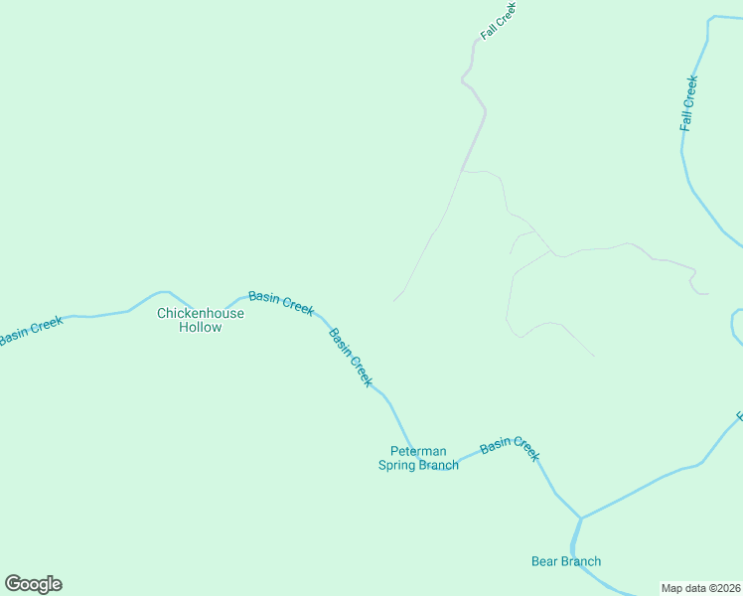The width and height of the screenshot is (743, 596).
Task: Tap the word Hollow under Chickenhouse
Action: (x=201, y=327)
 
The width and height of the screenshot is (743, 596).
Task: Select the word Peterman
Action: (x=418, y=451)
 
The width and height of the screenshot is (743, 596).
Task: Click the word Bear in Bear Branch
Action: (x=545, y=561)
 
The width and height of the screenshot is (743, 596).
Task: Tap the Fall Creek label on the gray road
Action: (x=500, y=20)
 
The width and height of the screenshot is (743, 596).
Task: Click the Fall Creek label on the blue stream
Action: (x=689, y=103)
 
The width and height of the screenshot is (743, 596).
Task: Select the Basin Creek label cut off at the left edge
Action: (x=30, y=330)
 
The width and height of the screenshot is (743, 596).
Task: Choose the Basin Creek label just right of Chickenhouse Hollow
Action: (x=281, y=302)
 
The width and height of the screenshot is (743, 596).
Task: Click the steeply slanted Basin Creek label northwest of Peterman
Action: (x=351, y=357)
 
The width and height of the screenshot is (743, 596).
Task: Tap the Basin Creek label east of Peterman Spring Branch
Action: (x=510, y=449)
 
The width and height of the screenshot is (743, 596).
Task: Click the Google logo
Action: (x=33, y=584)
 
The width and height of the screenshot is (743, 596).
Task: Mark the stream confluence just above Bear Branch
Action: (x=580, y=518)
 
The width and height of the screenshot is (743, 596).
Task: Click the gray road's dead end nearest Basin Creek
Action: (x=394, y=300)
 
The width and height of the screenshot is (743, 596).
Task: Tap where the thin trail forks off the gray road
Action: (x=462, y=172)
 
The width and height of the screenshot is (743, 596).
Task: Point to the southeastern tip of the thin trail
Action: (x=594, y=356)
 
